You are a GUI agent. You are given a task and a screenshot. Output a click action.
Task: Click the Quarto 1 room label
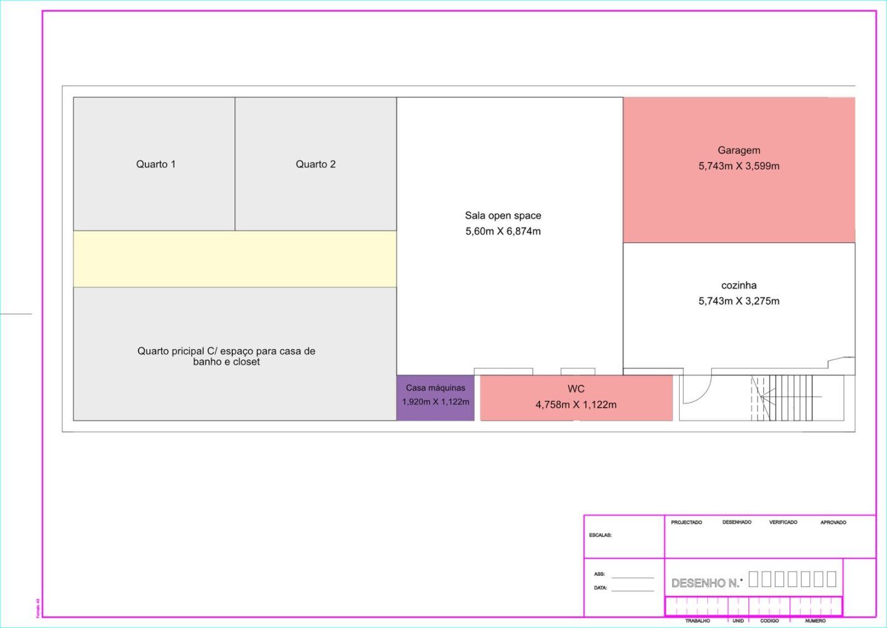[156, 164]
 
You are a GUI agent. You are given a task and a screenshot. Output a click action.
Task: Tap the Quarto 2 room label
[316, 164]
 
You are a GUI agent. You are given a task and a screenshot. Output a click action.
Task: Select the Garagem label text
[739, 150]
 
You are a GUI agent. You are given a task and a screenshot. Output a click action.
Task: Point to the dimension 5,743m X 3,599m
[739, 166]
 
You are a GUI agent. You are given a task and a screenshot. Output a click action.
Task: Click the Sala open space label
[503, 216]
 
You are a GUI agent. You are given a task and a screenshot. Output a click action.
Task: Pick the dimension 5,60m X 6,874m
[503, 231]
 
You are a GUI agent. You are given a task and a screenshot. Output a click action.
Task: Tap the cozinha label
[739, 285]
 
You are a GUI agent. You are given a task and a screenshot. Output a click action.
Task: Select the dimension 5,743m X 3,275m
[739, 301]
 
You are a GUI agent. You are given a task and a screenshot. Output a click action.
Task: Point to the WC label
[576, 389]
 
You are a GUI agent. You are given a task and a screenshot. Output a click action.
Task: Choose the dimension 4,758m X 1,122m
[576, 405]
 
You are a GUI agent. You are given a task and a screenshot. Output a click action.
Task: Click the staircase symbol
[787, 398]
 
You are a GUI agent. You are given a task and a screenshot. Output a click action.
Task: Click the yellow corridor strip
[235, 259]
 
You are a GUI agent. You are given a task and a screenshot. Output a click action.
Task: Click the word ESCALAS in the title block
[600, 535]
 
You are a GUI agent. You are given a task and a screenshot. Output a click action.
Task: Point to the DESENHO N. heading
[706, 583]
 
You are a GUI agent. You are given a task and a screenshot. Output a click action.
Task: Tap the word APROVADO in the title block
[833, 523]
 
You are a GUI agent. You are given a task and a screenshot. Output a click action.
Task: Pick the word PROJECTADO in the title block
[687, 523]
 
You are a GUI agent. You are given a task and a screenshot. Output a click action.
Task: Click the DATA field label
[600, 588]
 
